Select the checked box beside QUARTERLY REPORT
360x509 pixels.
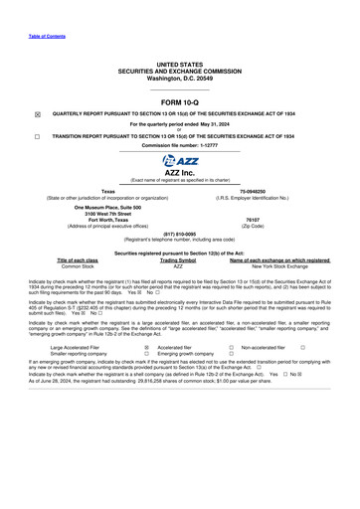pos(37,114)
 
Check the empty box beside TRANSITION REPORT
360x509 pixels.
pos(37,135)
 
